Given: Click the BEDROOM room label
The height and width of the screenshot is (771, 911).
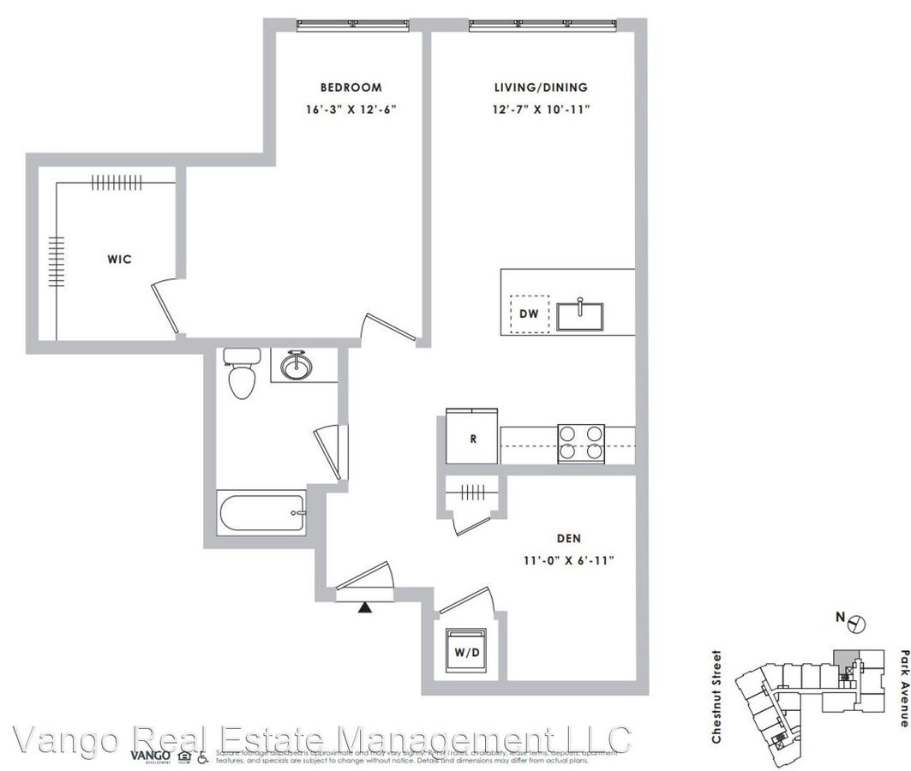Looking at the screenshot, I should [351, 87].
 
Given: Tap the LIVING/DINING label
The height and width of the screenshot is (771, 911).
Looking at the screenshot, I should [541, 87].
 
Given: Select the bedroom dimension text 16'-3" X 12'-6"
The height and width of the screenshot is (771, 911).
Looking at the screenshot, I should [351, 110].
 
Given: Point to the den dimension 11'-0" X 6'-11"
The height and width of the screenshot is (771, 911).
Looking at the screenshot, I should [569, 560].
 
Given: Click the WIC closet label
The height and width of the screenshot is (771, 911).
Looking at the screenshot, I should [119, 259].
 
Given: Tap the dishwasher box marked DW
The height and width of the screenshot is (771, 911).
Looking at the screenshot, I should [529, 314].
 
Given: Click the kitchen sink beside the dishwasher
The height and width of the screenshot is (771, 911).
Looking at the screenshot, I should [581, 314].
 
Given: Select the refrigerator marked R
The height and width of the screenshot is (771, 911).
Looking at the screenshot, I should [472, 439].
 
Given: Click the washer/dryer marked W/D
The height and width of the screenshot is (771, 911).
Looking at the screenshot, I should [465, 652].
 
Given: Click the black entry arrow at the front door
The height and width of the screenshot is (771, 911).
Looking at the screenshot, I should [365, 607].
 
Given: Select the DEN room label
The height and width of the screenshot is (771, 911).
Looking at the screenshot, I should [569, 539].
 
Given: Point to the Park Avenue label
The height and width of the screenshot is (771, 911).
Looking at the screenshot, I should [903, 688].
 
